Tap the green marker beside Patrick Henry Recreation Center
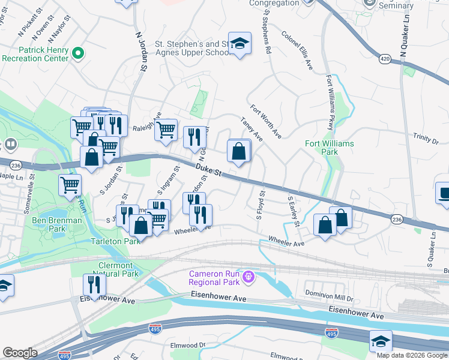point(77,55)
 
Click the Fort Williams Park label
point(330,148)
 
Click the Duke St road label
point(209,170)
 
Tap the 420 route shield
point(385,59)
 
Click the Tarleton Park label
point(115,241)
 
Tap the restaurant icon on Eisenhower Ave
point(93,284)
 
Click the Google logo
point(19,353)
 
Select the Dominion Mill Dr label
point(327,294)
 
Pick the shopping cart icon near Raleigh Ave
point(166,128)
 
